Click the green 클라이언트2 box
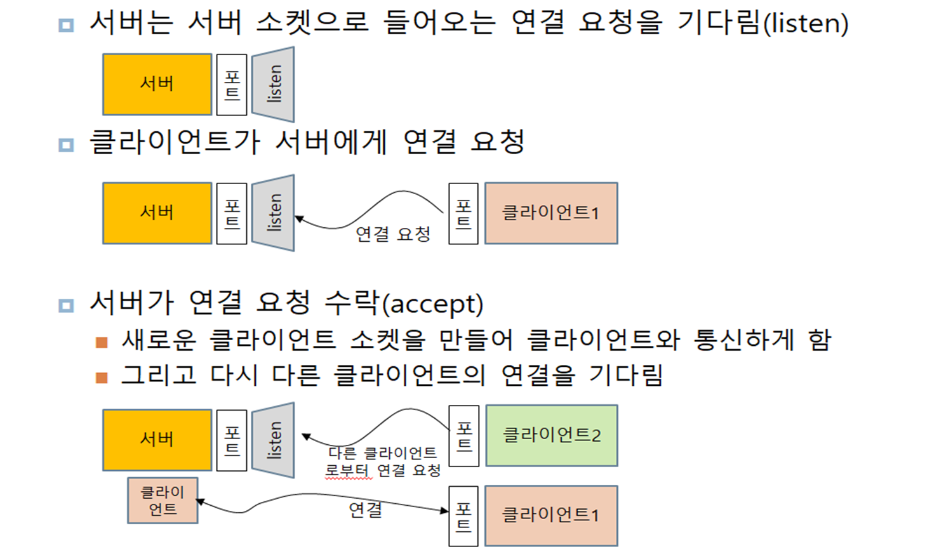(x=551, y=435)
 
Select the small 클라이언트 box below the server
(x=163, y=501)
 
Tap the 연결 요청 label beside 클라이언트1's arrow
(x=393, y=234)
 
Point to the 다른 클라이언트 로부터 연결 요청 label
(x=383, y=462)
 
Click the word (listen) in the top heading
(x=806, y=24)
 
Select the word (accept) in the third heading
(x=432, y=305)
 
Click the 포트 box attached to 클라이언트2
(x=463, y=436)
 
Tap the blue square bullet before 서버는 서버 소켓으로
(x=66, y=25)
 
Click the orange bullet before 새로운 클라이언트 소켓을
(x=102, y=343)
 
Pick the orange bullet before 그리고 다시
(x=102, y=378)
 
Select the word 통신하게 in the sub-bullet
(x=743, y=340)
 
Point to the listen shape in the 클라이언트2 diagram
(x=274, y=440)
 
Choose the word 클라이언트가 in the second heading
(x=175, y=142)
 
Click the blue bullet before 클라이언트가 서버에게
(x=66, y=145)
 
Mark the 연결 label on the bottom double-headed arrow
(x=366, y=509)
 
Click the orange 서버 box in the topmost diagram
(x=157, y=84)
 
